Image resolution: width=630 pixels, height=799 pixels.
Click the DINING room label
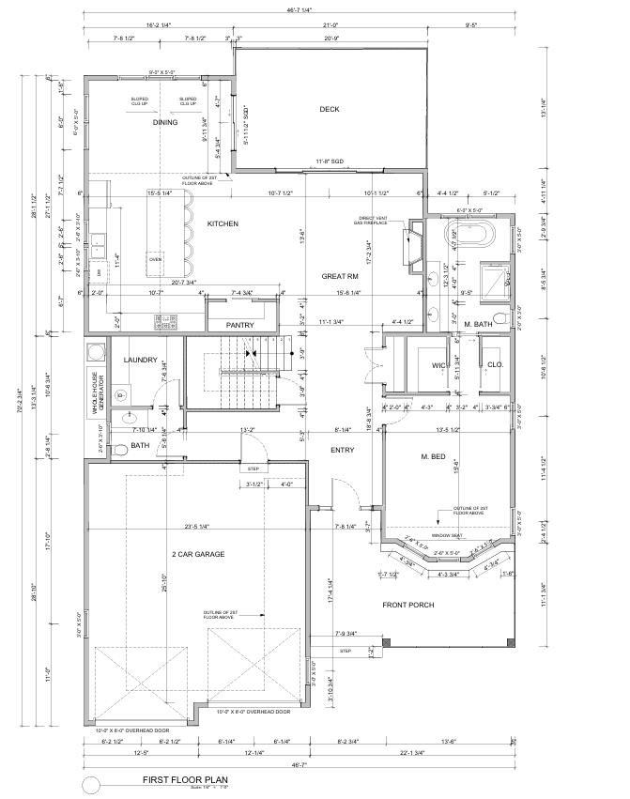pos(165,122)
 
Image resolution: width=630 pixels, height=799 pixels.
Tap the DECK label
pos(329,109)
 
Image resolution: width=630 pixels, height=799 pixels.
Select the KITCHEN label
pos(223,223)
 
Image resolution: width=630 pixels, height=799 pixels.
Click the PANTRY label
pos(240,325)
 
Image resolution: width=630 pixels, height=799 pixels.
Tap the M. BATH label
pos(479,325)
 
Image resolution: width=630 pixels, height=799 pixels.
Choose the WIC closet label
pos(438,366)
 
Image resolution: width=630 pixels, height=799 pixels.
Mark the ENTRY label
pos(343,451)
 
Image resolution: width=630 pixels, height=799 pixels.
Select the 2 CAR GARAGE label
pos(197,555)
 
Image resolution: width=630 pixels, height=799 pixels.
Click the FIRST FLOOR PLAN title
pos(185,779)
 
